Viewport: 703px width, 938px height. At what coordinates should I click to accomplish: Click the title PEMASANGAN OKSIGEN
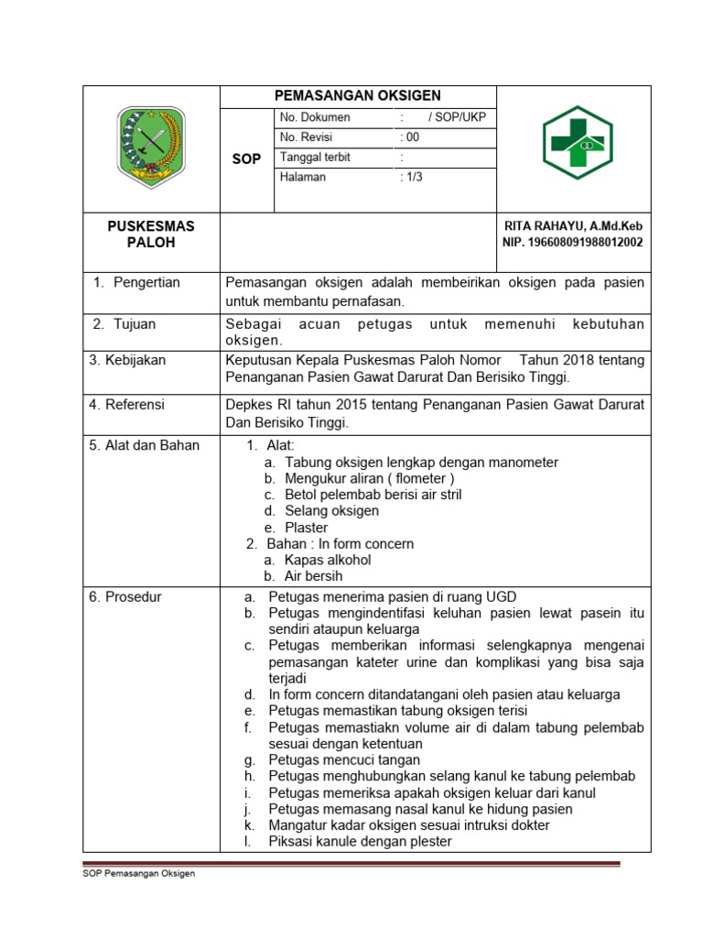[x=359, y=95]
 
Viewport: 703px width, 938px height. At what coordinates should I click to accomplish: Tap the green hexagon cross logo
[x=578, y=142]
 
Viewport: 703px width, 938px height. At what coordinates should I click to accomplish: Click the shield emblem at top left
[x=152, y=142]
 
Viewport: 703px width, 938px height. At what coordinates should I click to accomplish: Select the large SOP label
[x=247, y=158]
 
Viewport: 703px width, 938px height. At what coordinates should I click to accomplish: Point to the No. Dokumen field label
[x=315, y=117]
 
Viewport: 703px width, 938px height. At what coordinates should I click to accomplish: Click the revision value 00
[x=410, y=137]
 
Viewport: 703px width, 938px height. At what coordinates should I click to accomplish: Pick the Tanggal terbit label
[x=315, y=158]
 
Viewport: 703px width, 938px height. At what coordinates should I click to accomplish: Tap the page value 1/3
[x=411, y=177]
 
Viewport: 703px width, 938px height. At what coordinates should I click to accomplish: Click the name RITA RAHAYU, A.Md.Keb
[x=573, y=225]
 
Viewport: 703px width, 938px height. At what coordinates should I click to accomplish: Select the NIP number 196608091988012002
[x=572, y=243]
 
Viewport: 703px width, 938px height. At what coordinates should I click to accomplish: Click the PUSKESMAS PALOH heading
[x=151, y=234]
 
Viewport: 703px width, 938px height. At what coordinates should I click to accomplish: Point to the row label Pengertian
[x=146, y=282]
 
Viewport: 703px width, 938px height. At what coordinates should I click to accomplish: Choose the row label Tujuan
[x=136, y=324]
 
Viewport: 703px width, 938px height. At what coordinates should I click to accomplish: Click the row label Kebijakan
[x=128, y=360]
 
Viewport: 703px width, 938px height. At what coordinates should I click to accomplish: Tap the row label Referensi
[x=127, y=403]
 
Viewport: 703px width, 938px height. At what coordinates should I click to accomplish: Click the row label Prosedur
[x=125, y=597]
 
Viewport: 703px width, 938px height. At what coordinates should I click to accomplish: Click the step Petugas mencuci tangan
[x=344, y=759]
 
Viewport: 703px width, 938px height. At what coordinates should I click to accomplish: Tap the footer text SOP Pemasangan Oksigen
[x=139, y=873]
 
